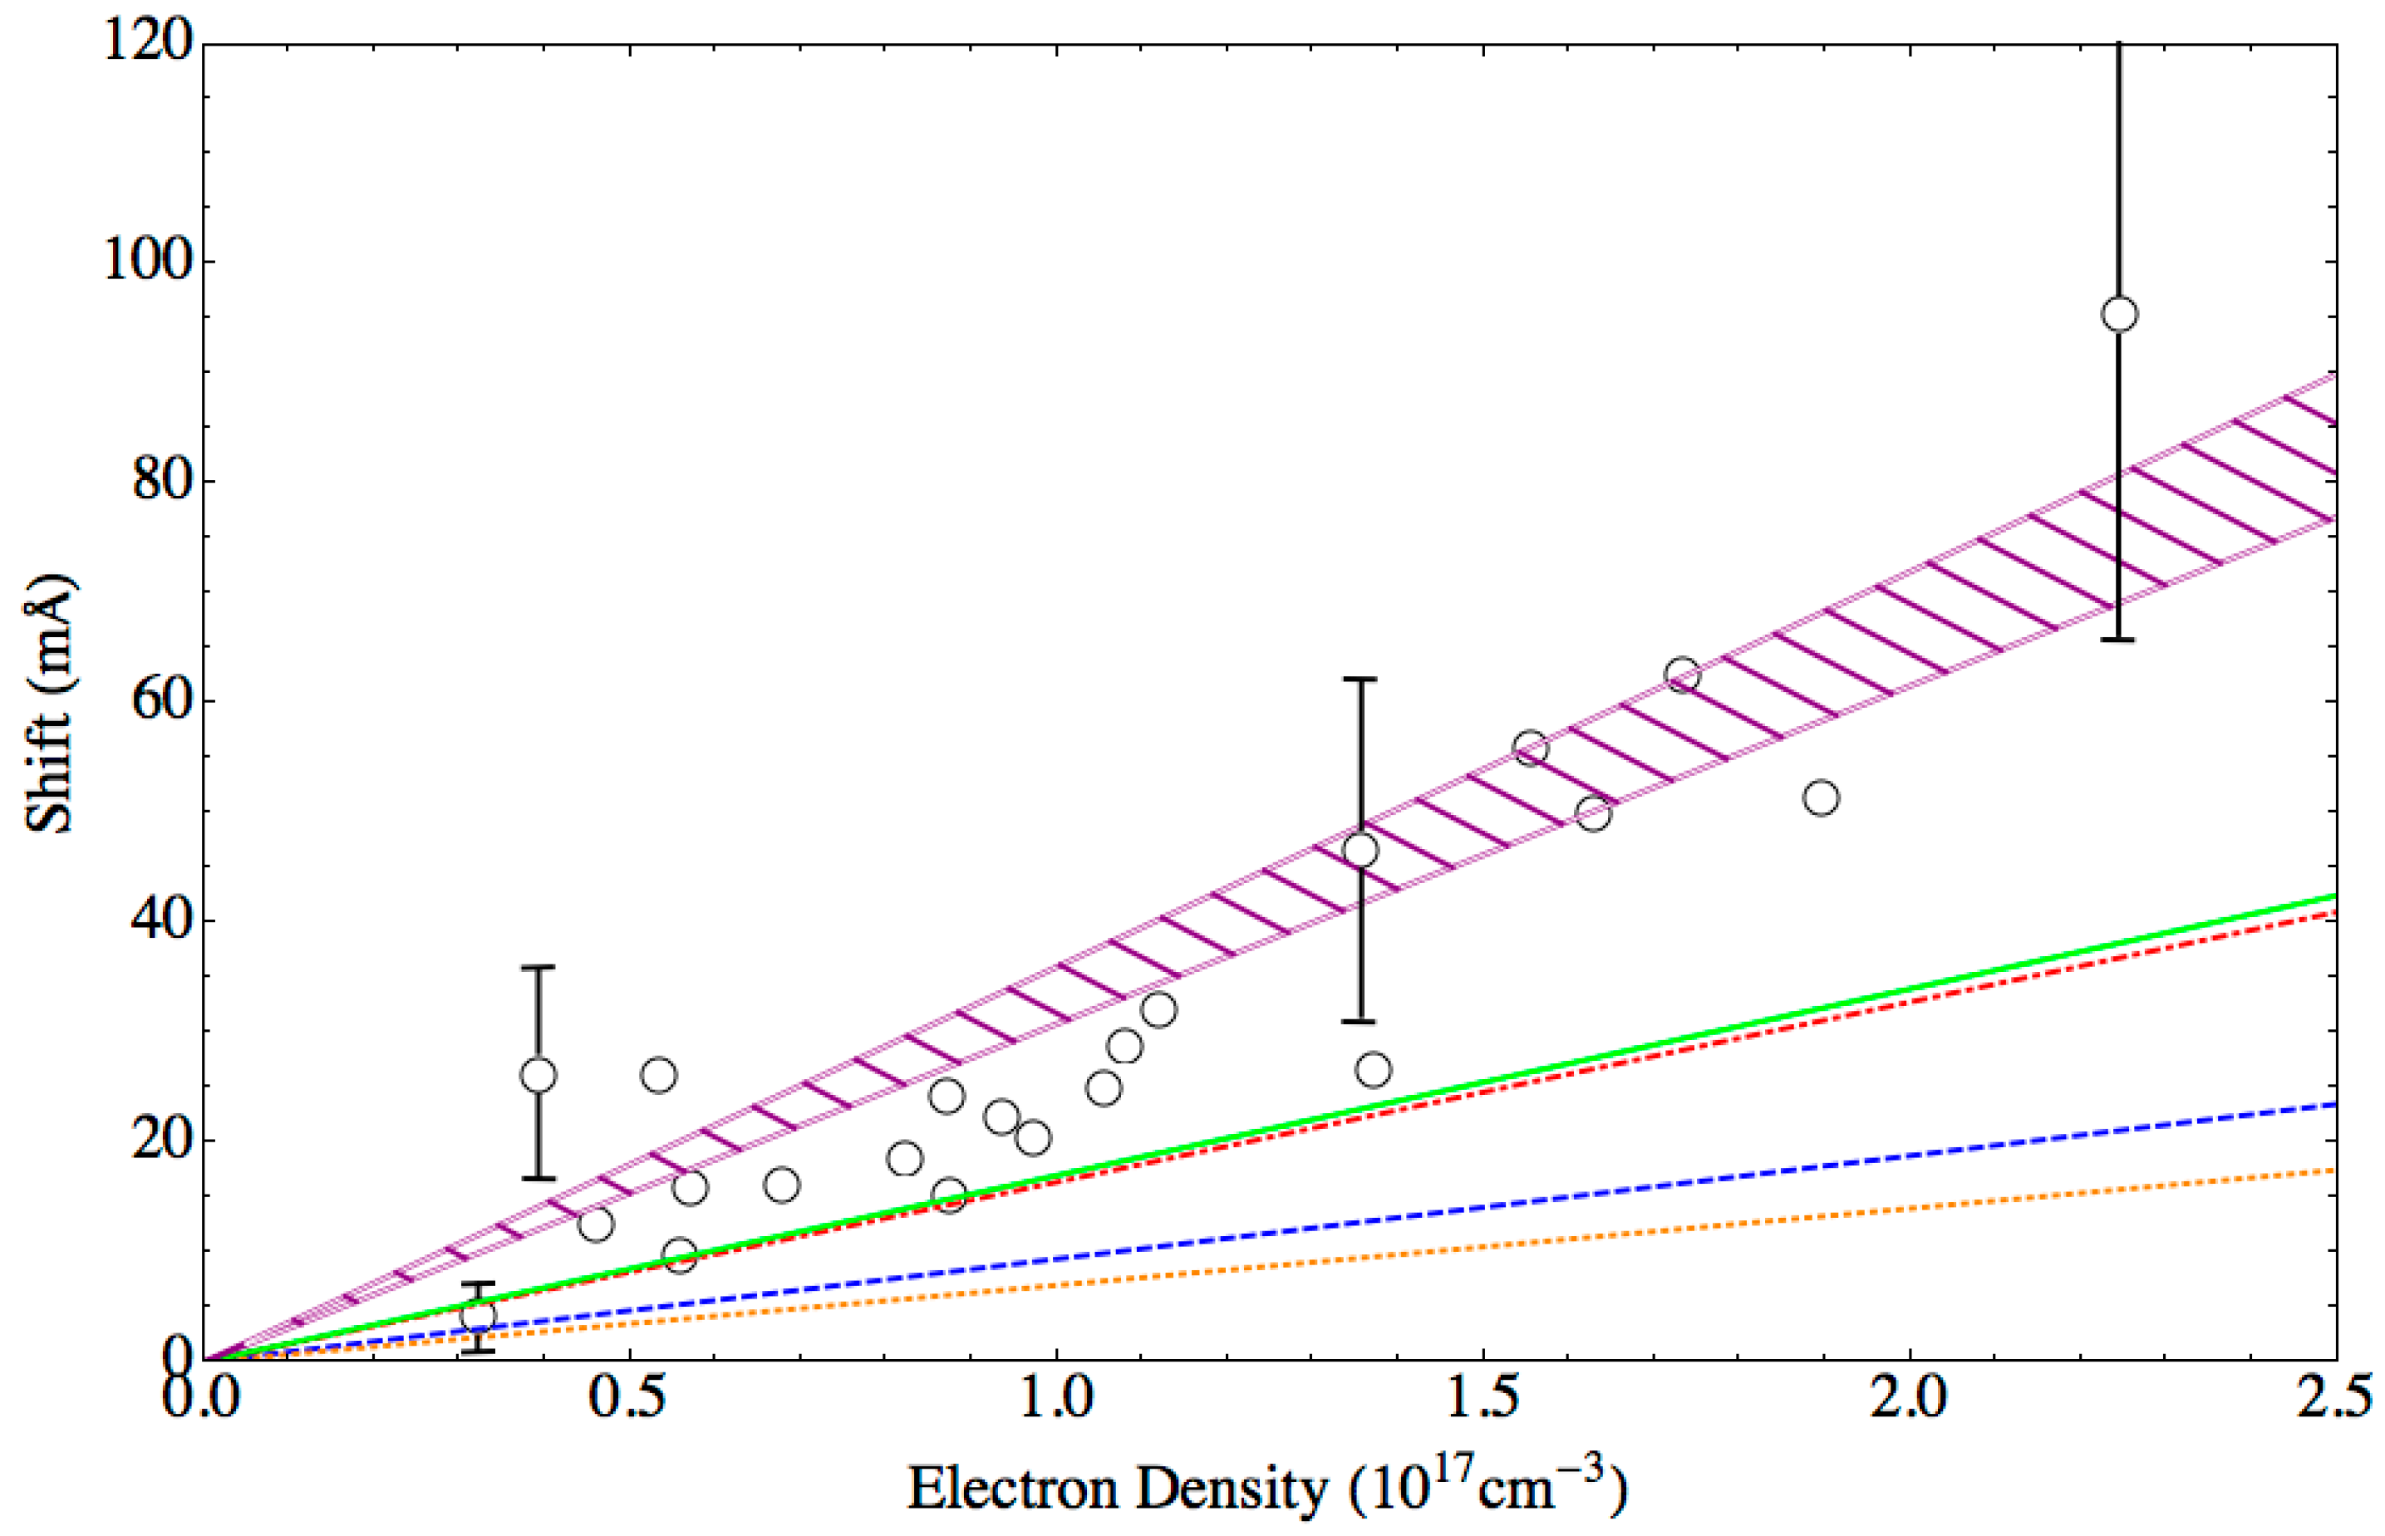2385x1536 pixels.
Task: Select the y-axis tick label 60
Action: (x=160, y=700)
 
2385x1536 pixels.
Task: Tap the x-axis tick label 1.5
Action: (x=1483, y=1398)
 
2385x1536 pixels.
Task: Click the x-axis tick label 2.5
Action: (x=2334, y=1398)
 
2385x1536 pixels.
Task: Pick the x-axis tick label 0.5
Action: (x=628, y=1398)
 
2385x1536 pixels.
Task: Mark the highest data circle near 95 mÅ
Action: (x=2119, y=314)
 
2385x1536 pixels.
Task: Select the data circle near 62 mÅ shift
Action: (x=1683, y=675)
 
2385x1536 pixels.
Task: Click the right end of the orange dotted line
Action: (x=2334, y=1170)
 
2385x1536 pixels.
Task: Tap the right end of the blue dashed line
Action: (x=2334, y=1104)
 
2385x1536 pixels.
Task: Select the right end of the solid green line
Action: (x=2334, y=896)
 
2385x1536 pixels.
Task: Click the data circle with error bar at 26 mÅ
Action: (x=538, y=1075)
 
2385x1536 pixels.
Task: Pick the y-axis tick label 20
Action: (x=160, y=1139)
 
